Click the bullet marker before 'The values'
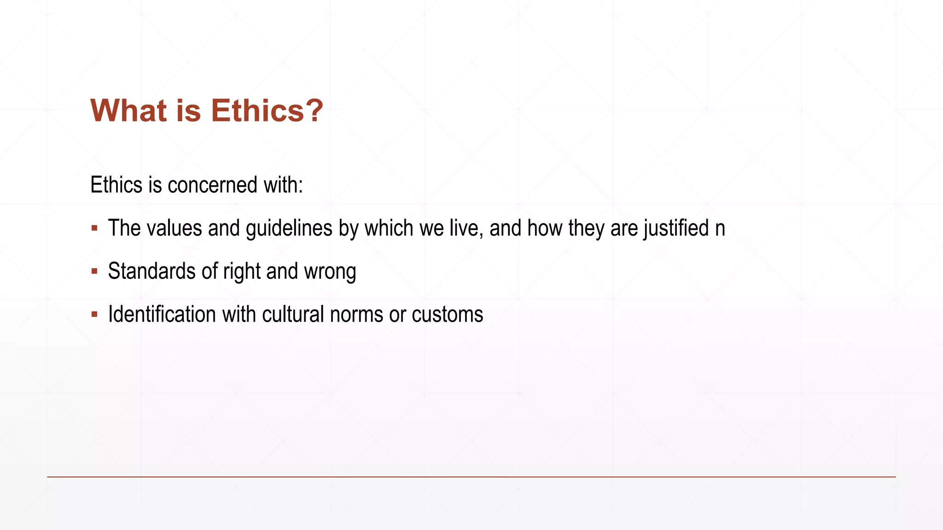94,228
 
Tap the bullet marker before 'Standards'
94,271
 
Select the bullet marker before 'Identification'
94,315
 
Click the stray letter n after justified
720,229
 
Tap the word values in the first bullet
174,228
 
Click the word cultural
293,314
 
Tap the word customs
448,315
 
